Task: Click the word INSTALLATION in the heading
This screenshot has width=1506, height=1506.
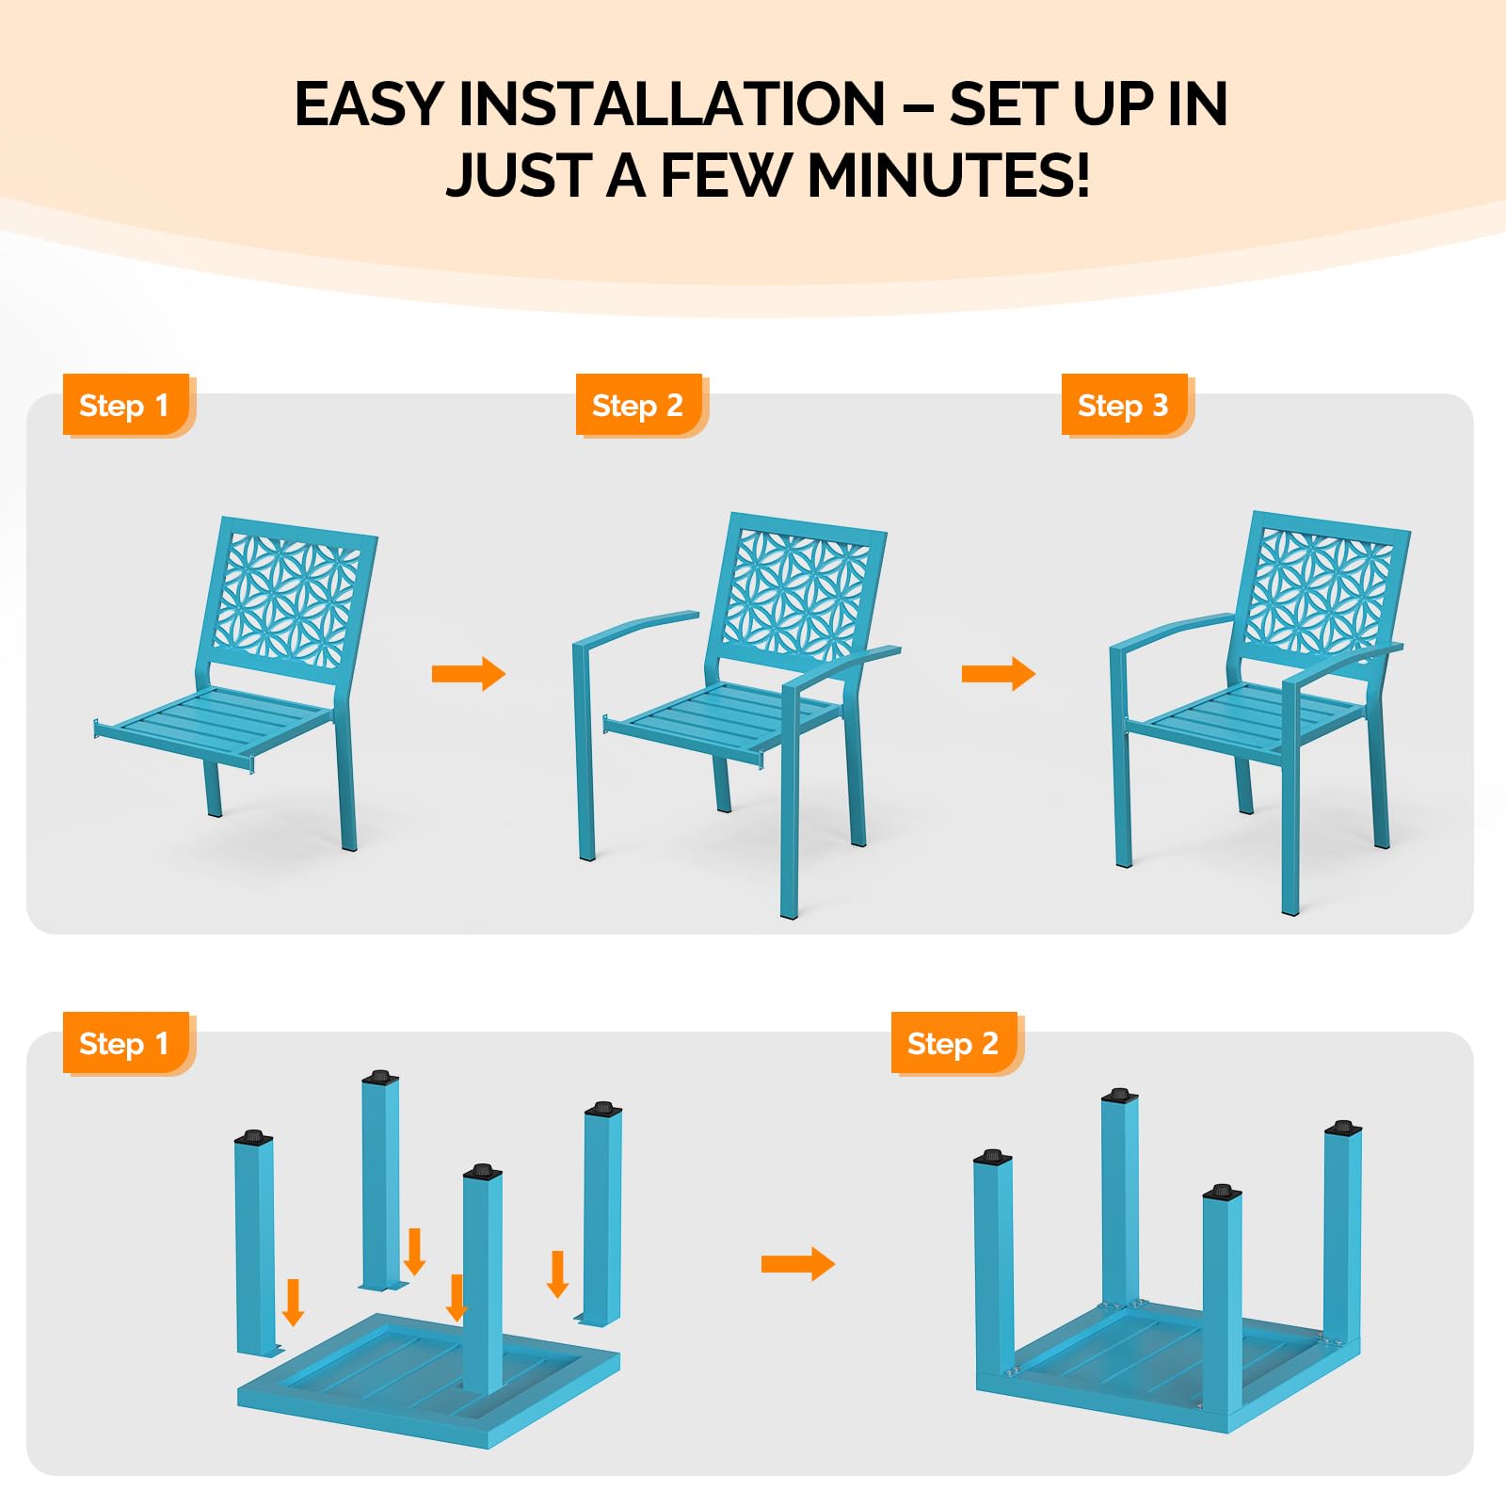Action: [x=671, y=104]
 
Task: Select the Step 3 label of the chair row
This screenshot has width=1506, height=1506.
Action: [x=1123, y=406]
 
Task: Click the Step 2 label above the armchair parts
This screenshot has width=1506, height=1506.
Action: [x=637, y=406]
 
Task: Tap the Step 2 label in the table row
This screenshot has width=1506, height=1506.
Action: [x=953, y=1044]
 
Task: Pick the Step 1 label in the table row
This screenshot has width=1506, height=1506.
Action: [x=124, y=1044]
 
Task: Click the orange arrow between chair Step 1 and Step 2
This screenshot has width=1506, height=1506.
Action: [x=468, y=673]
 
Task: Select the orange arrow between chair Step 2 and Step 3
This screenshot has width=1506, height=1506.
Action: [x=998, y=673]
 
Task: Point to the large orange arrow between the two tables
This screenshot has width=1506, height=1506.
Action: [x=796, y=1264]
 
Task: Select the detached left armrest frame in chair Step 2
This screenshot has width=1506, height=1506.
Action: [x=593, y=715]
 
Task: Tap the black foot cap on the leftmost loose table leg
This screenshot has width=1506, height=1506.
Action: [x=253, y=1137]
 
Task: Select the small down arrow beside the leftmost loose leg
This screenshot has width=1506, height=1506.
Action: [x=294, y=1302]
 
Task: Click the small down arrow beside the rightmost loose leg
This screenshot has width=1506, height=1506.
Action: [x=557, y=1274]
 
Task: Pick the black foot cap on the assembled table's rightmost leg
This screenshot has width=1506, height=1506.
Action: [x=1342, y=1128]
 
